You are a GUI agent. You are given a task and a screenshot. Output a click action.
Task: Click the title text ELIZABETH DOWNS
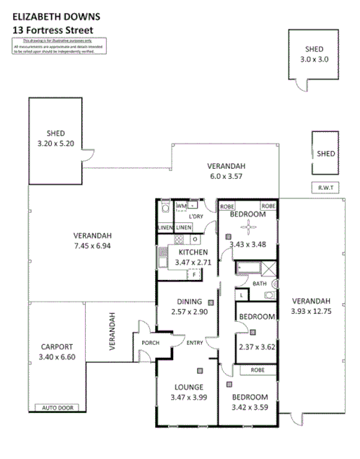[x=47, y=15]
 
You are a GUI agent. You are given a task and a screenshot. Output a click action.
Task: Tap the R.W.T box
[x=324, y=188]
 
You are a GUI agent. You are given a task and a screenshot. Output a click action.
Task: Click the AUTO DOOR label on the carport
[x=59, y=408]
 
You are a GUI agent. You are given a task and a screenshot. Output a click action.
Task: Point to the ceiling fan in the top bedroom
[x=248, y=228]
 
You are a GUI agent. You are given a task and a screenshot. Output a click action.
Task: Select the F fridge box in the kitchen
[x=193, y=275]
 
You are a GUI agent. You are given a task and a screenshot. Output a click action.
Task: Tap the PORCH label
[x=150, y=343]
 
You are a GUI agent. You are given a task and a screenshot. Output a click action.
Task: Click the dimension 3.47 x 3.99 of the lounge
[x=188, y=398]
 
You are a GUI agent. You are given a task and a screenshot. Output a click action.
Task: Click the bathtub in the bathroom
[x=247, y=271]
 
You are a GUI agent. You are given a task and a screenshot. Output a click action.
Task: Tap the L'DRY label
[x=197, y=217]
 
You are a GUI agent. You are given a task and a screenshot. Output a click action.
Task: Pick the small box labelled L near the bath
[x=240, y=294]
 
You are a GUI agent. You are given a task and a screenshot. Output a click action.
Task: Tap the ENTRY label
[x=194, y=343]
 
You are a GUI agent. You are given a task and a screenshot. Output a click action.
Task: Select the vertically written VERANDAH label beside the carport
[x=112, y=331]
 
